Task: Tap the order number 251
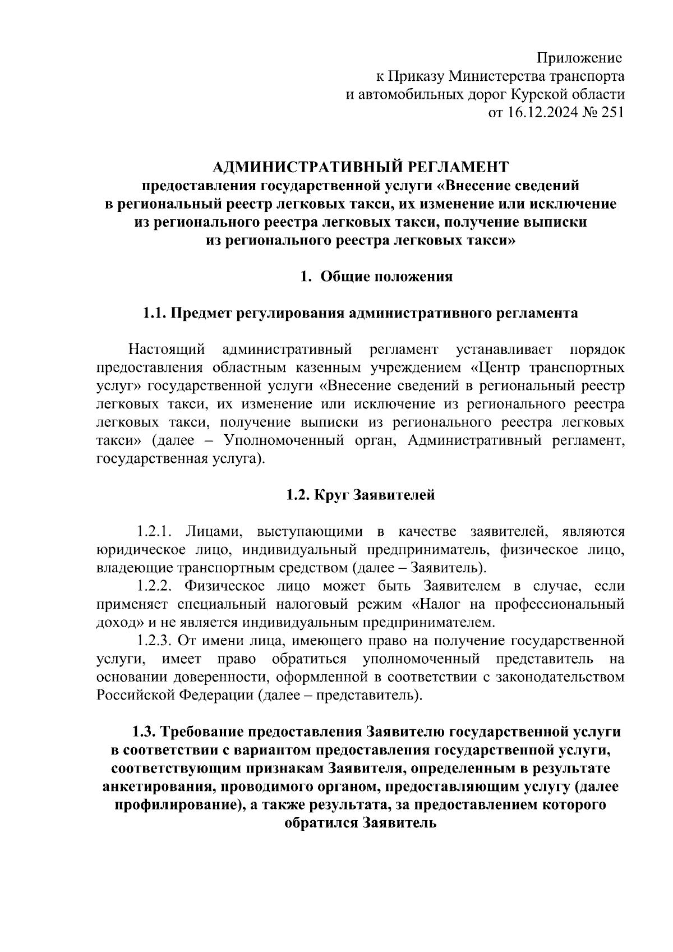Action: pos(612,113)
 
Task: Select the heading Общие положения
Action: pos(386,277)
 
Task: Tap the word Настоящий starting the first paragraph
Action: pos(165,350)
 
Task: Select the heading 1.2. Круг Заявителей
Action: pos(361,495)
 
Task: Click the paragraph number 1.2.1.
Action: pos(158,531)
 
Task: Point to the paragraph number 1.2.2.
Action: pos(158,586)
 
